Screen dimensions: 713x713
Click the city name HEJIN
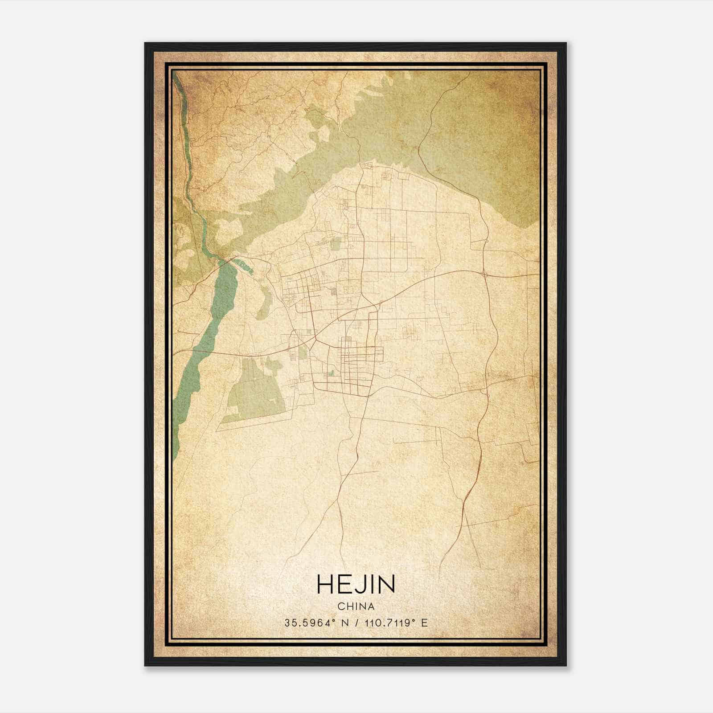(x=356, y=584)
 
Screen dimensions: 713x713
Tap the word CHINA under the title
(x=356, y=606)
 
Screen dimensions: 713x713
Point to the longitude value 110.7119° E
(x=396, y=623)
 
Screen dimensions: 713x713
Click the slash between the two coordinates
(x=356, y=623)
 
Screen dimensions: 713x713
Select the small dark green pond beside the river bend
(x=245, y=266)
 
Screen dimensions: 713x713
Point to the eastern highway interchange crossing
(x=484, y=273)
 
